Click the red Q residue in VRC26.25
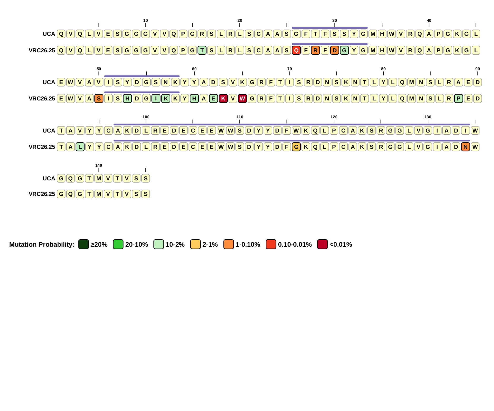click(296, 50)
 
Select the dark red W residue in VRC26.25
click(242, 99)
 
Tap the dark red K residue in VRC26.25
click(223, 99)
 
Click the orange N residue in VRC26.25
click(466, 147)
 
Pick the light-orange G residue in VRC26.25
click(296, 147)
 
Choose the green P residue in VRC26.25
click(458, 99)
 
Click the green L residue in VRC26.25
click(80, 147)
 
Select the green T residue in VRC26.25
click(202, 50)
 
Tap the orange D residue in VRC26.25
click(334, 50)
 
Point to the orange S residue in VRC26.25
click(99, 99)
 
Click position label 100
click(146, 117)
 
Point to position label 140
click(99, 165)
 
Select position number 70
click(289, 69)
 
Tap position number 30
click(334, 21)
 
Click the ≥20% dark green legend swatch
click(83, 244)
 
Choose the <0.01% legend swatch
click(322, 244)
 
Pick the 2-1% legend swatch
click(195, 244)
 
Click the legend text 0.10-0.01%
click(295, 245)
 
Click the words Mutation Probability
click(42, 245)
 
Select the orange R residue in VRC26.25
click(315, 50)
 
